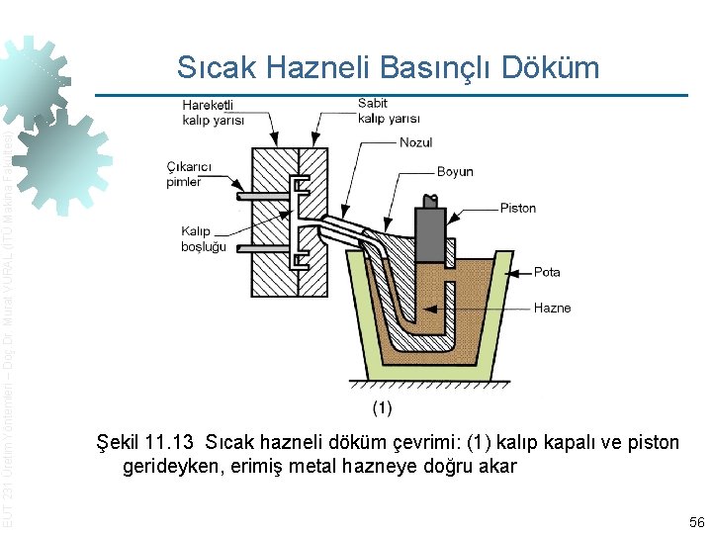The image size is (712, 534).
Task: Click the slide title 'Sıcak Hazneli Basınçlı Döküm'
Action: (x=388, y=66)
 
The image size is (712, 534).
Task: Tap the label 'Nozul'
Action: (x=415, y=142)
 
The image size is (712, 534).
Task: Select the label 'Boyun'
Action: (x=455, y=172)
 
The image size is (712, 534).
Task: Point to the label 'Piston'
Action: (x=517, y=209)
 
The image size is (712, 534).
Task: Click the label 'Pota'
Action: (x=547, y=272)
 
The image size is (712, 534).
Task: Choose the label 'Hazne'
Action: (x=552, y=308)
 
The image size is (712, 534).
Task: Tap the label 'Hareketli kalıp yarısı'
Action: (x=213, y=112)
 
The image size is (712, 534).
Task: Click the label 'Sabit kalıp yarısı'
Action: (x=388, y=111)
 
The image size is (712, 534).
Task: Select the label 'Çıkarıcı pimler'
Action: (x=184, y=174)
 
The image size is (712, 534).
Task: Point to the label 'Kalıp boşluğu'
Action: (x=204, y=238)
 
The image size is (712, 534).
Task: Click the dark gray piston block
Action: (x=433, y=236)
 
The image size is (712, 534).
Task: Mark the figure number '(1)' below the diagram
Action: (x=382, y=406)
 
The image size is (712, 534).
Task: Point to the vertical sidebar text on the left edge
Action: (x=8, y=326)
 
